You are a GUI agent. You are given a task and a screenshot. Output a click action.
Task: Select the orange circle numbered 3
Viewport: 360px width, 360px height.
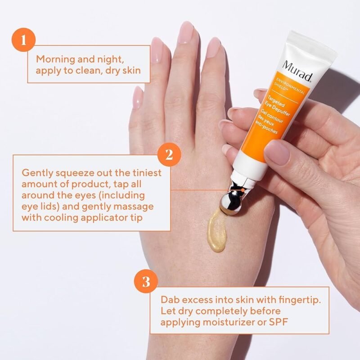(145, 283)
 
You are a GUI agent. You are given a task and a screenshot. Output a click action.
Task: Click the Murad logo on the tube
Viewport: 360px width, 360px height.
(297, 72)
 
